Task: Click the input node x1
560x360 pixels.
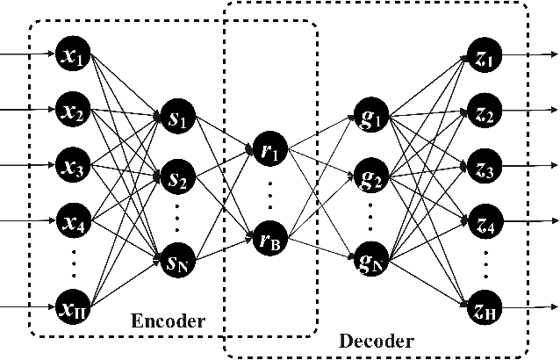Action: [x=69, y=55]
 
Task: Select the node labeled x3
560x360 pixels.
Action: [x=69, y=164]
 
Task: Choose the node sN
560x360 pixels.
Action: [x=174, y=260]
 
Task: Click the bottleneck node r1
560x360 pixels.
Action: [x=269, y=149]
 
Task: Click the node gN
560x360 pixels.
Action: [x=370, y=260]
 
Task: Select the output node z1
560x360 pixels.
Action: [x=483, y=55]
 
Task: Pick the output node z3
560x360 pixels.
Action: [x=483, y=164]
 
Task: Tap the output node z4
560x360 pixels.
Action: [x=483, y=217]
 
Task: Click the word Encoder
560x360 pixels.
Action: [x=168, y=321]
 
